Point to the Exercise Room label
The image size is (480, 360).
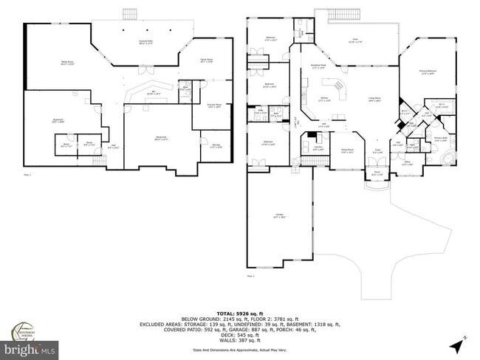coord(213,105)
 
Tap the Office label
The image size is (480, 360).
coord(407,164)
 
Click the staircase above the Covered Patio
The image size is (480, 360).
coord(131,14)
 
